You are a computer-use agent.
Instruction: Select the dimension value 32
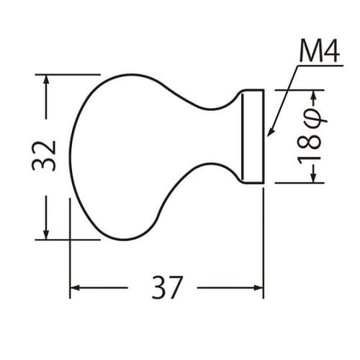45,155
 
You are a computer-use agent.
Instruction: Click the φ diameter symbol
312,117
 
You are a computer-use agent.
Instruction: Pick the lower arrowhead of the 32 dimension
46,233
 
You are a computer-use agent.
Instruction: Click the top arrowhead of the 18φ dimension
312,95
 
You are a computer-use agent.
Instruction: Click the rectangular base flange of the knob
253,136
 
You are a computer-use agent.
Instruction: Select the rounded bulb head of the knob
122,155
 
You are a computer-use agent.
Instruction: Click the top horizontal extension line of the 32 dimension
68,73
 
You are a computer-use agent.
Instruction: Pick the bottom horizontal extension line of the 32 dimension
68,240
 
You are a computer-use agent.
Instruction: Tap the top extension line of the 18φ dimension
299,90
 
